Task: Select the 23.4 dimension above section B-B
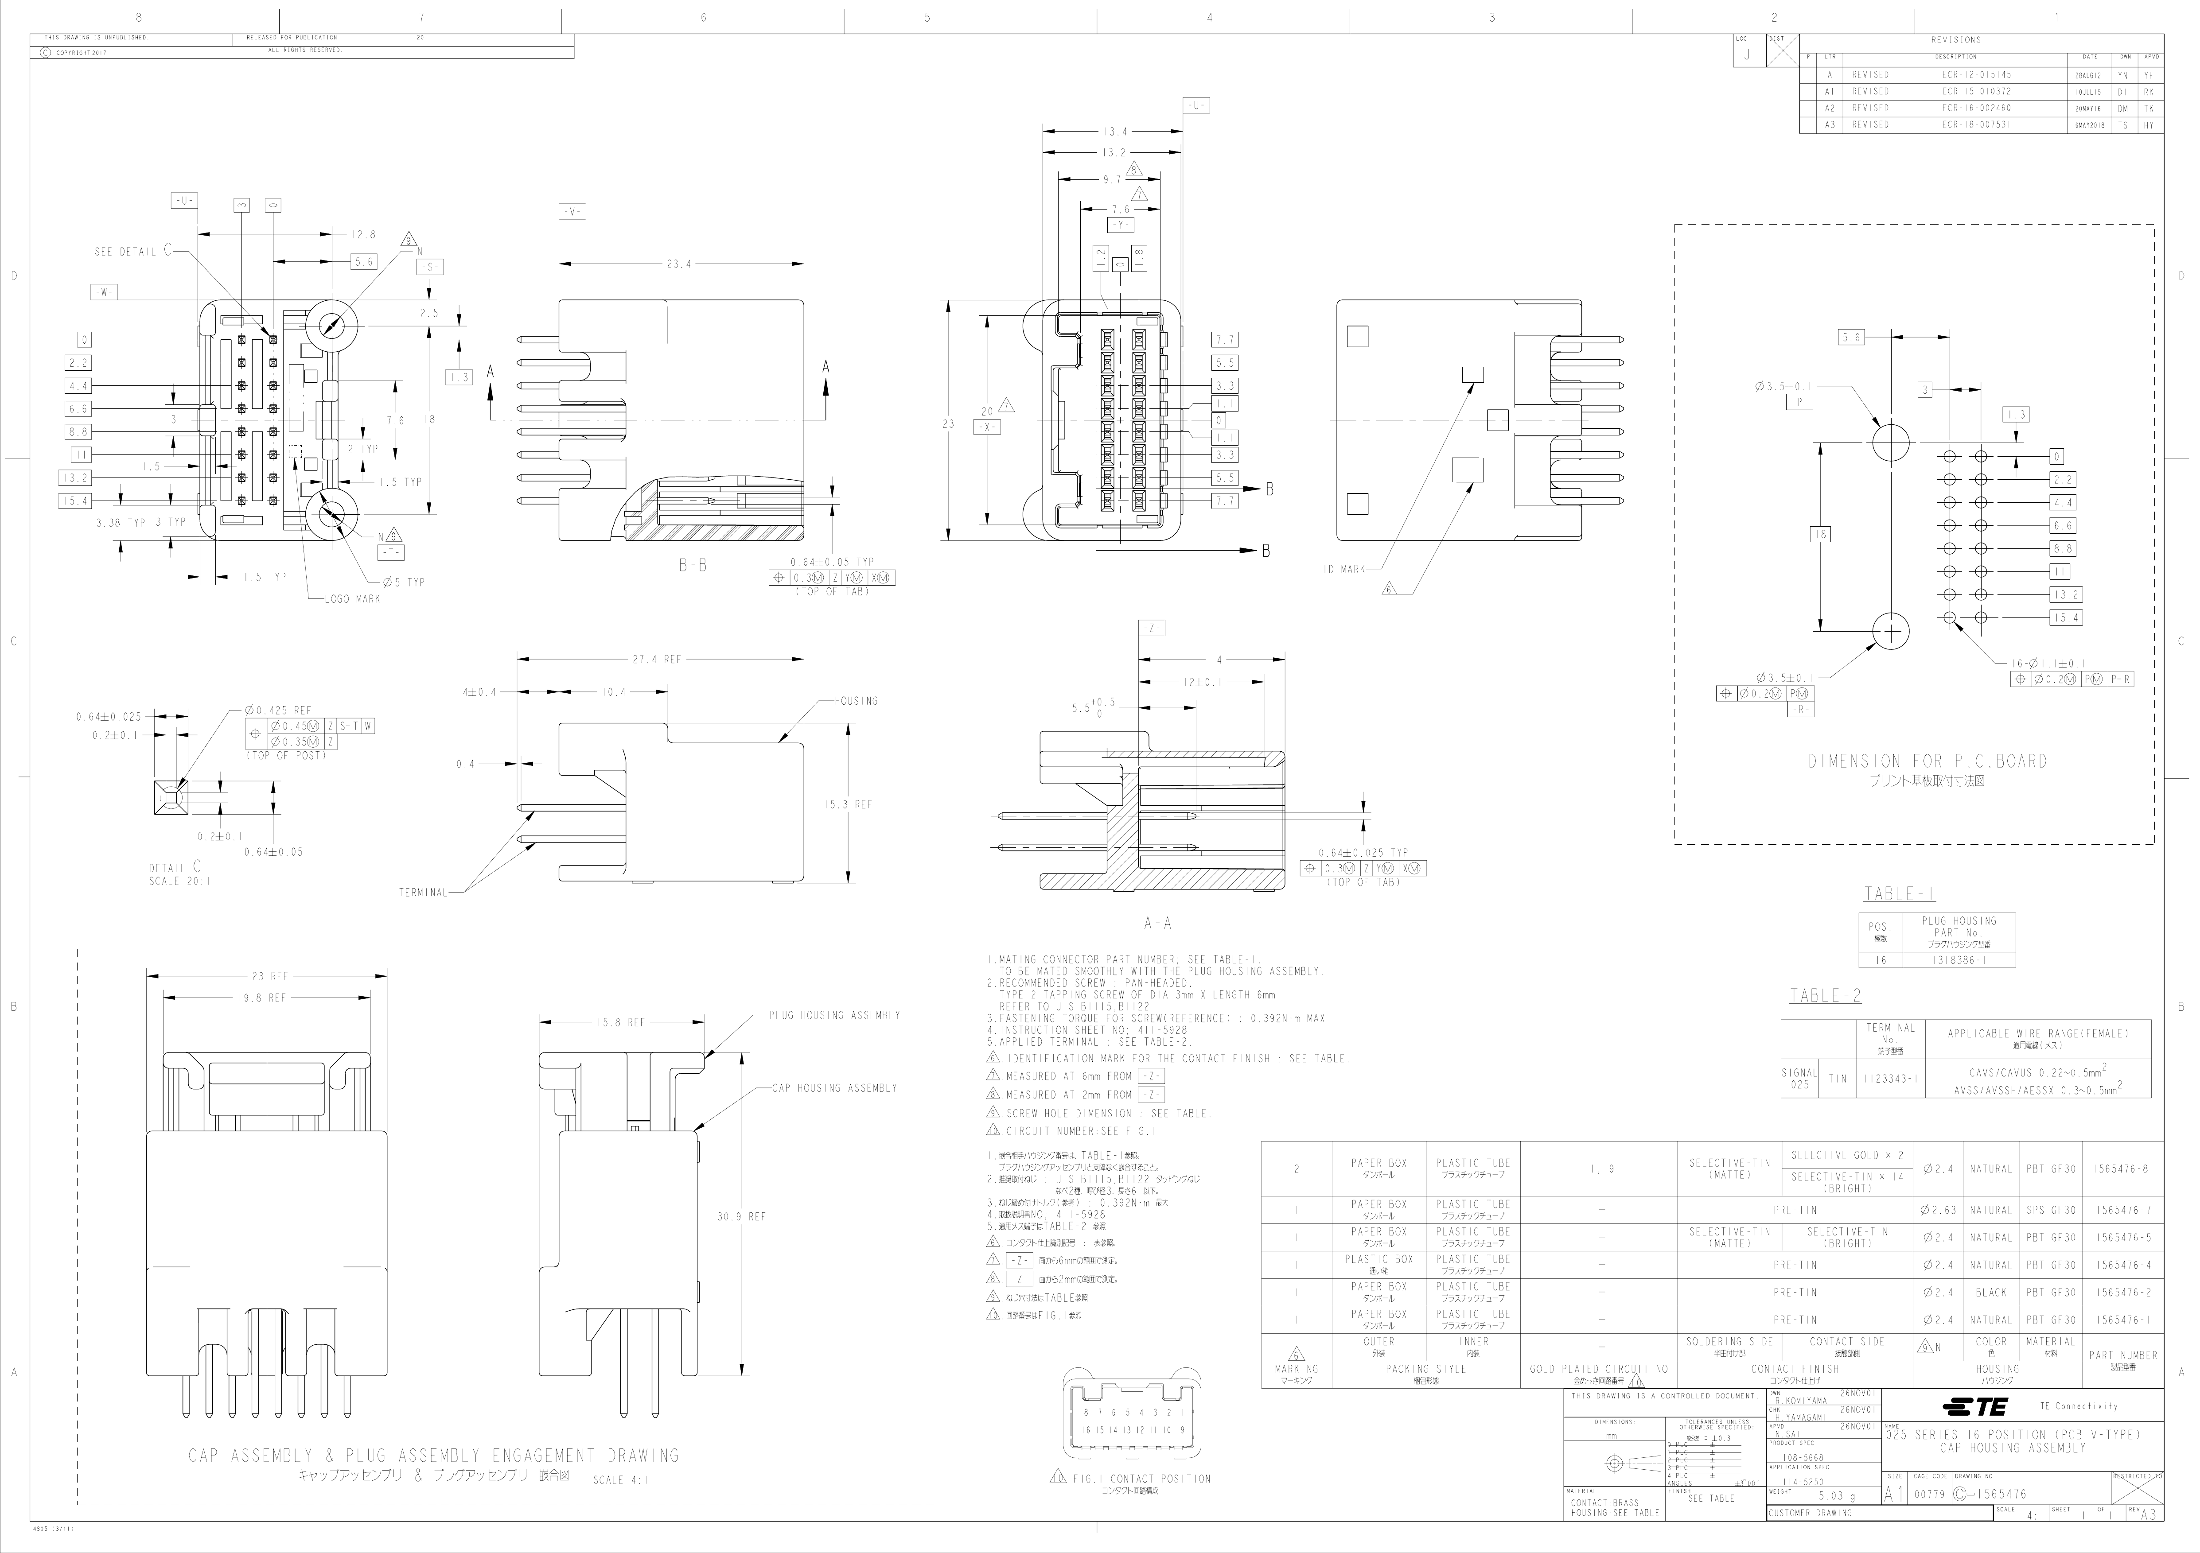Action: [679, 264]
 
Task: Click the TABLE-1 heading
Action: [1899, 894]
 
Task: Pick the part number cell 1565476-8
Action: [2122, 1169]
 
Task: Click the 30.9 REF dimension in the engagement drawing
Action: [742, 1217]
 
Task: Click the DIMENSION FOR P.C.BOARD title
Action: [1927, 761]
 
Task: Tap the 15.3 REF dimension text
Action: [848, 805]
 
